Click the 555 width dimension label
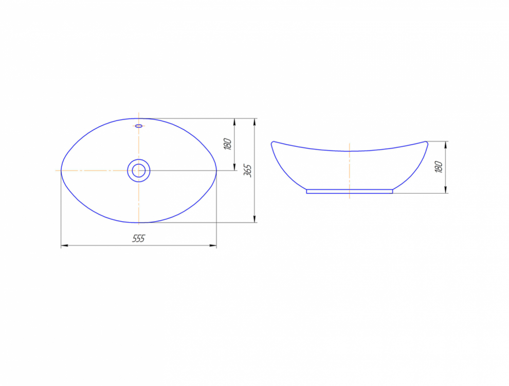pyautogui.click(x=138, y=238)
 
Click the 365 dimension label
pyautogui.click(x=248, y=170)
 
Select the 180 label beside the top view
pyautogui.click(x=228, y=144)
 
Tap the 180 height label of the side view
pyautogui.click(x=439, y=167)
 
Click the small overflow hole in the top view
pyautogui.click(x=139, y=126)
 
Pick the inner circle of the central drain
pyautogui.click(x=139, y=170)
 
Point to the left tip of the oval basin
pyautogui.click(x=61, y=170)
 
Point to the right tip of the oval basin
pyautogui.click(x=216, y=170)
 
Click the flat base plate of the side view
pyautogui.click(x=350, y=191)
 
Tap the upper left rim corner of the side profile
pyautogui.click(x=272, y=142)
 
